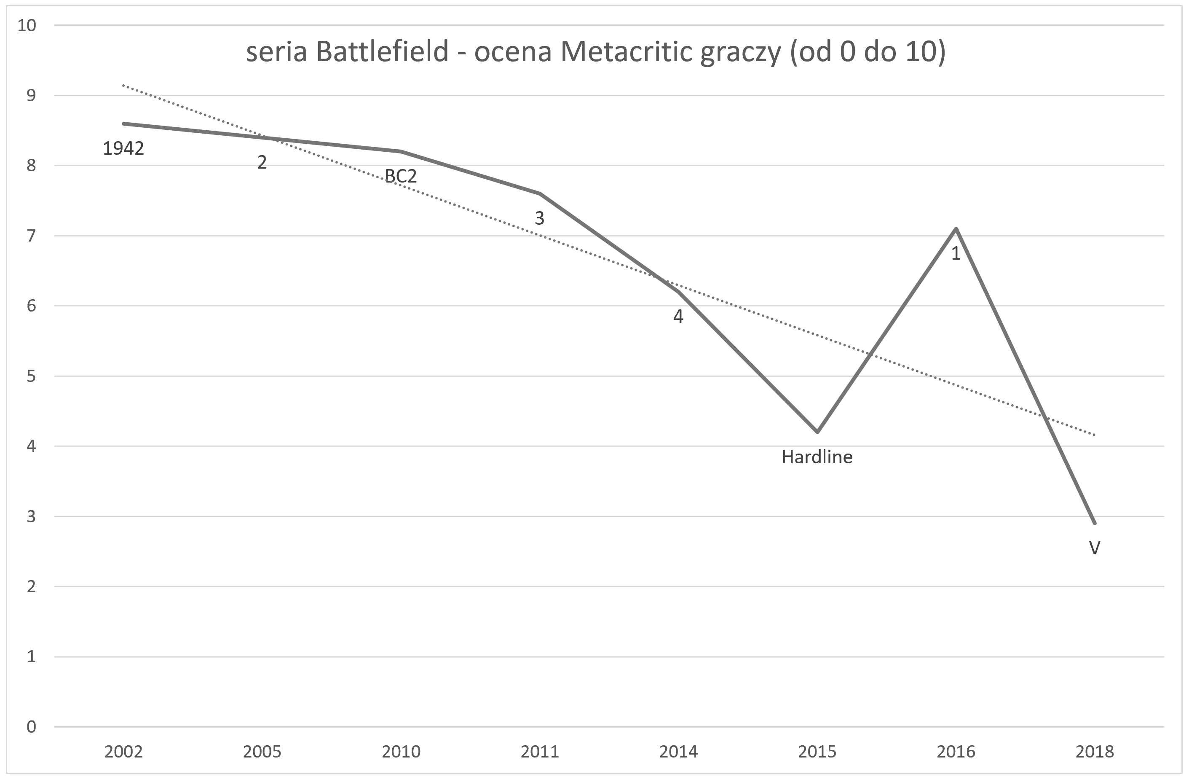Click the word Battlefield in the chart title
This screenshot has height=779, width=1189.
[x=382, y=52]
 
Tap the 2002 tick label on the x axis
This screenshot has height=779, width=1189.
[x=123, y=752]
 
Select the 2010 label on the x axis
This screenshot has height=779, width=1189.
[x=401, y=752]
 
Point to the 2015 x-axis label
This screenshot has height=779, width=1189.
[x=817, y=752]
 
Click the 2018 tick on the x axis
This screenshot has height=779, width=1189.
[x=1095, y=752]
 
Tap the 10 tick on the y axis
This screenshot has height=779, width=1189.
[x=27, y=25]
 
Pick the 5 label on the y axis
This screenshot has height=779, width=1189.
[x=32, y=376]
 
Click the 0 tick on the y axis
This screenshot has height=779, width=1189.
[x=32, y=727]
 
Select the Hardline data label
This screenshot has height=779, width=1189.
[x=817, y=457]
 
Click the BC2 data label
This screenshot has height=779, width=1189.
[x=401, y=176]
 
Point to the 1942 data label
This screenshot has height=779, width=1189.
[x=123, y=148]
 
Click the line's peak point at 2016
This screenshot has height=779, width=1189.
[x=956, y=229]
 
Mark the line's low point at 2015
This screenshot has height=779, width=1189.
[x=817, y=432]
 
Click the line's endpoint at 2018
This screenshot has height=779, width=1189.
[x=1095, y=523]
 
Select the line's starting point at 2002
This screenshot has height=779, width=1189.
[x=123, y=124]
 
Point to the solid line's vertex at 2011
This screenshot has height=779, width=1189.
[x=540, y=193]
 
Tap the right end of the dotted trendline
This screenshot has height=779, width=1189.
[x=1095, y=435]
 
